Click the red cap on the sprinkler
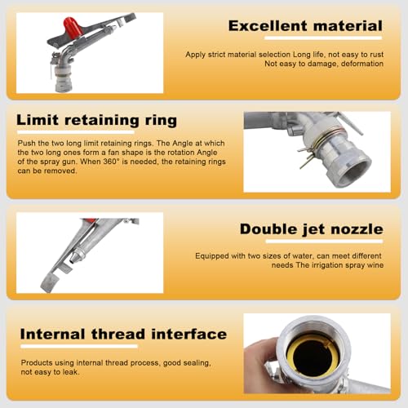point(73,26)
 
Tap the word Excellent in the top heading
point(268,26)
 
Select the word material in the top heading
point(348,26)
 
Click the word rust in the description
point(376,55)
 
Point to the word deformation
point(362,64)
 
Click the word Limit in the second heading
point(38,120)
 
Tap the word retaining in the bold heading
point(102,121)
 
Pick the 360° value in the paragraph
point(111,162)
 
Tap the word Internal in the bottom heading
point(52,334)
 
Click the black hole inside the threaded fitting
point(313,357)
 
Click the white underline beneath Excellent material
point(323,38)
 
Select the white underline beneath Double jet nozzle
point(324,242)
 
